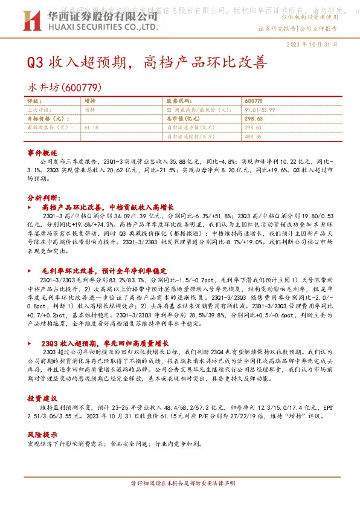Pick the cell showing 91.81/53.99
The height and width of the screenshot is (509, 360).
(262, 110)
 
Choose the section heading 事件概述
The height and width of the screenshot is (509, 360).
(42, 154)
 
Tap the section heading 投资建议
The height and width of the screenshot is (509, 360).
(42, 399)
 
